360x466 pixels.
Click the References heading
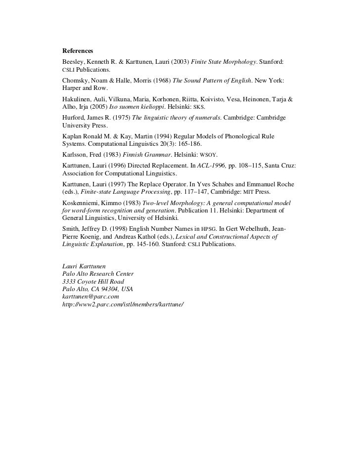(x=77, y=51)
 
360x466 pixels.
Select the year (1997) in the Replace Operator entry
(x=125, y=183)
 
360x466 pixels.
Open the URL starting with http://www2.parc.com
(x=122, y=304)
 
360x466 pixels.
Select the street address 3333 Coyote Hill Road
(x=93, y=281)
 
